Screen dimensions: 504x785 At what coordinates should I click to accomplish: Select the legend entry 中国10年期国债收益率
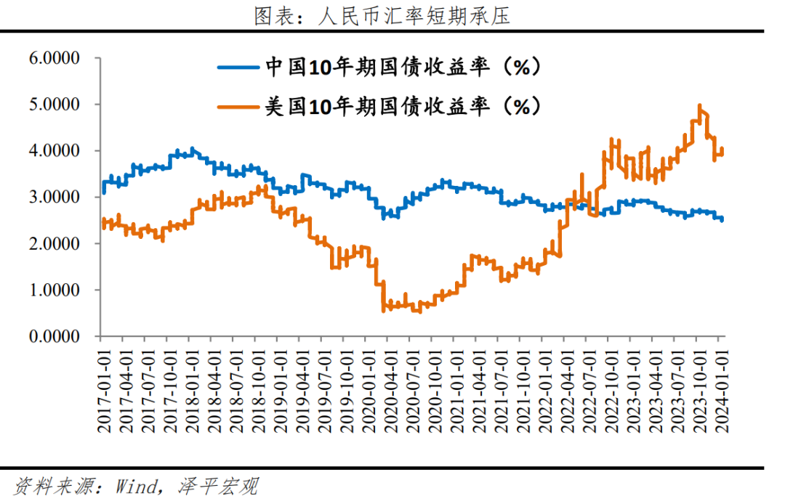click(x=403, y=68)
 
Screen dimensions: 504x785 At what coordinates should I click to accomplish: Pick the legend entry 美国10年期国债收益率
click(x=403, y=107)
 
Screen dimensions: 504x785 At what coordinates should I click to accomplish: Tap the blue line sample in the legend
click(x=238, y=68)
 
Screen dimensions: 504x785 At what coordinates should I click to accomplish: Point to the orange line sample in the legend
click(x=238, y=107)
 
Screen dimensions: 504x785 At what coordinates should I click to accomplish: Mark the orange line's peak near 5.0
click(x=699, y=106)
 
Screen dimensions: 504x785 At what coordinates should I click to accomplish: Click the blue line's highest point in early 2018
click(x=192, y=150)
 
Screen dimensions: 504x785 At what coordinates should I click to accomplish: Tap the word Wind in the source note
click(x=136, y=486)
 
